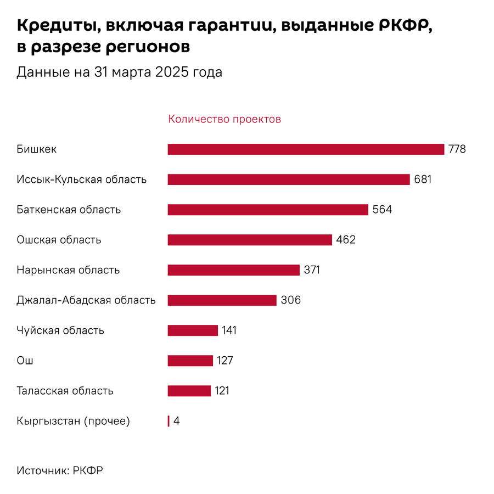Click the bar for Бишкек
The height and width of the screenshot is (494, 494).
pyautogui.click(x=305, y=149)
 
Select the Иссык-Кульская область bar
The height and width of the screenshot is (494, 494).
pyautogui.click(x=289, y=179)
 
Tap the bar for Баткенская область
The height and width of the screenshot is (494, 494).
pyautogui.click(x=268, y=210)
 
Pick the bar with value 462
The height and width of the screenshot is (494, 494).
pyautogui.click(x=250, y=240)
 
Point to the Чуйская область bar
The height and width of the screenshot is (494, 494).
pyautogui.click(x=193, y=330)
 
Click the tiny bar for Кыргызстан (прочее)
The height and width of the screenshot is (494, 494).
pyautogui.click(x=169, y=421)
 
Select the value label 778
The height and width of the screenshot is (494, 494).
pyautogui.click(x=457, y=149)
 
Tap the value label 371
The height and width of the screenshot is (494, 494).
pyautogui.click(x=311, y=270)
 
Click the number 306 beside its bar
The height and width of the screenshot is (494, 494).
pyautogui.click(x=290, y=300)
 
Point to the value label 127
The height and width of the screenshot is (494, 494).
pyautogui.click(x=225, y=361)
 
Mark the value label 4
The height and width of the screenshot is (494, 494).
pyautogui.click(x=177, y=421)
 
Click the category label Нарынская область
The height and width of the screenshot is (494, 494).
pyautogui.click(x=68, y=270)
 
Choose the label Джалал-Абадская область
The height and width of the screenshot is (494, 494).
pyautogui.click(x=86, y=300)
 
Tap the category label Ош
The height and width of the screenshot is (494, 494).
pyautogui.click(x=25, y=361)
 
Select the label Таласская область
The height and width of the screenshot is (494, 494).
pyautogui.click(x=65, y=391)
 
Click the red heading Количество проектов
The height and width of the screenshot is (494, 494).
pyautogui.click(x=224, y=119)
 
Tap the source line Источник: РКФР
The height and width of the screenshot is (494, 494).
pyautogui.click(x=60, y=470)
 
